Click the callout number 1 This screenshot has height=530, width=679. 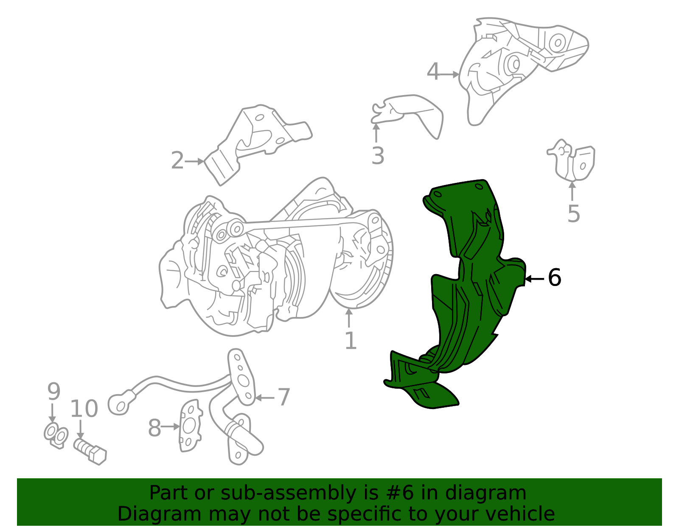click(351, 340)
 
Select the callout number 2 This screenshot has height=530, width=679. click(177, 160)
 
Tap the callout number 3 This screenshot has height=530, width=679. click(378, 156)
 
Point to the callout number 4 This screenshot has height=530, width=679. click(433, 72)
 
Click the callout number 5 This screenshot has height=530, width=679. click(574, 213)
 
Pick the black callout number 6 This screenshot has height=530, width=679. click(555, 278)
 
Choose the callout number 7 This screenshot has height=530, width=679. click(284, 397)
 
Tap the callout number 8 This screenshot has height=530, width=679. click(154, 428)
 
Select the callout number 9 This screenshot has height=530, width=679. click(54, 391)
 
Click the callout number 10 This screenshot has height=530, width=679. click(84, 409)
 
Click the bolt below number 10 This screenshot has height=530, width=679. click(90, 451)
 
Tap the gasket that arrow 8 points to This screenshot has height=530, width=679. click(191, 426)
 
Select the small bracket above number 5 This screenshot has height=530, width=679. click(571, 160)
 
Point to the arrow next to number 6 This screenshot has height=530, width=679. click(535, 279)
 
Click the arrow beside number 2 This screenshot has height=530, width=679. click(194, 162)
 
